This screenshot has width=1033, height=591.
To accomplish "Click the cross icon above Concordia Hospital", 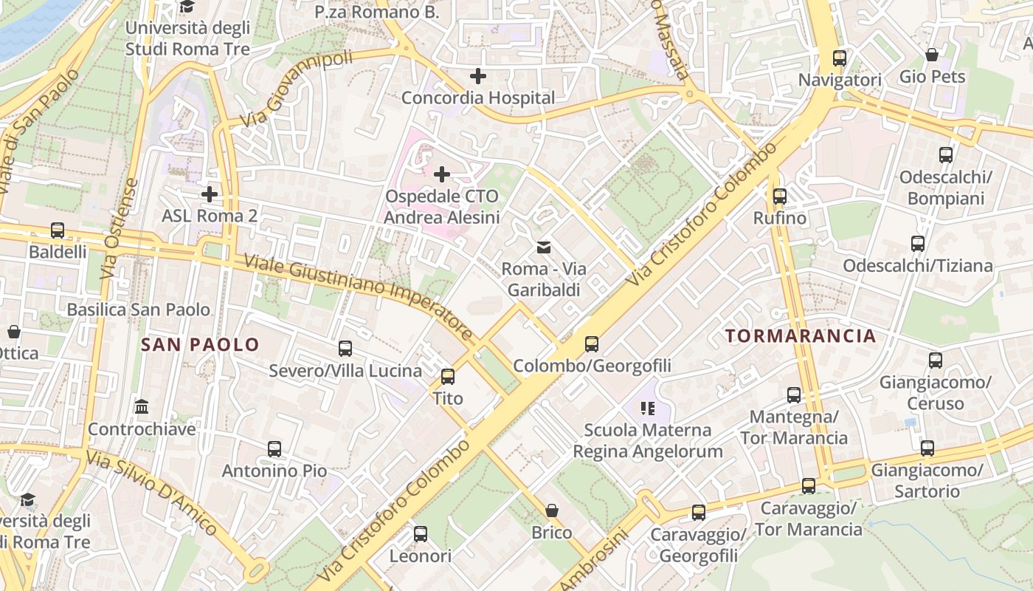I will pos(478,75).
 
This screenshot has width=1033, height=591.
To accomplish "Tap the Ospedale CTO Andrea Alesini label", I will pos(441,207).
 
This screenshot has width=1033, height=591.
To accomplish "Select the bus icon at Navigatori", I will pos(839,58).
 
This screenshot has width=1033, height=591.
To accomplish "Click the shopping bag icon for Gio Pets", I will pos(932,55).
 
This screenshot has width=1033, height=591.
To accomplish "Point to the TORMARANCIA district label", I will pos(801,336).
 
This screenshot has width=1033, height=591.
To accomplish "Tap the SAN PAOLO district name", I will pos(200,344).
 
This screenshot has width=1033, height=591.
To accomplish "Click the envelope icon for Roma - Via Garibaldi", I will pos(544,247).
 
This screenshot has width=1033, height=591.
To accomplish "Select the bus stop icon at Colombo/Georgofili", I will pos(591,344).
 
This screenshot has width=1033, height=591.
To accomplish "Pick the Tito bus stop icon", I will pos(447,377).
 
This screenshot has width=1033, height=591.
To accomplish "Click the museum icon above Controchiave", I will pos(142,407).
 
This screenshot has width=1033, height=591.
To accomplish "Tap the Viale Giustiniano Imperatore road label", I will pos(358,297).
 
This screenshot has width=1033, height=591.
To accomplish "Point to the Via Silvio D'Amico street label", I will pos(152,493).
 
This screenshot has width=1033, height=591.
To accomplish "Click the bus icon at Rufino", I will pos(780,197).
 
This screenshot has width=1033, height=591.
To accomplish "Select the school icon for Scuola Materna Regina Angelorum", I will pos(648,408).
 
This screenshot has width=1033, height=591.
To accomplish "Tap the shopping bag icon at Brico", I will pos(551,510).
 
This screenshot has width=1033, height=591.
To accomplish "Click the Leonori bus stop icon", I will pos(420,533).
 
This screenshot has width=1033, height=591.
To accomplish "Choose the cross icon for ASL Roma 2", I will pos(210,194).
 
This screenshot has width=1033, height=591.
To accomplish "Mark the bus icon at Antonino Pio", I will pos(274,448).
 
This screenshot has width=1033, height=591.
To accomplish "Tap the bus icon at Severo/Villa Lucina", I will pos(345,349).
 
